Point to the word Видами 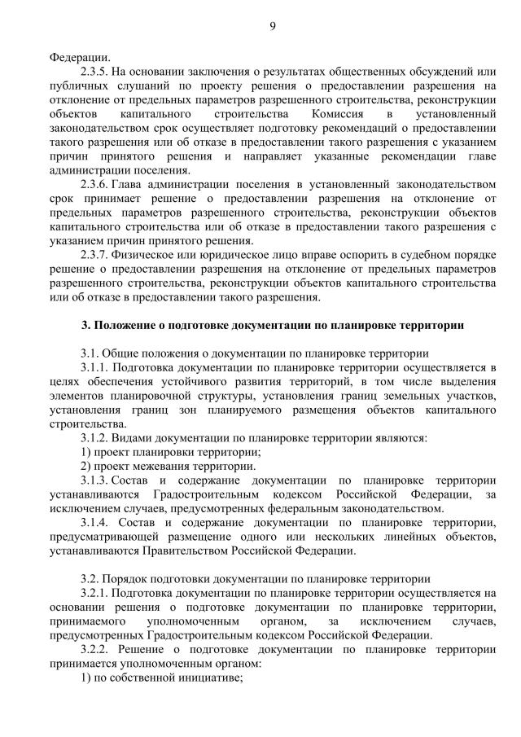click(133, 438)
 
